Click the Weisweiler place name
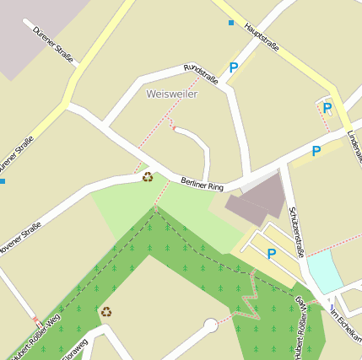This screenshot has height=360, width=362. tap(171, 94)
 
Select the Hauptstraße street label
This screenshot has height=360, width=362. tap(261, 37)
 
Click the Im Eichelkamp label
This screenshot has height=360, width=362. tap(346, 325)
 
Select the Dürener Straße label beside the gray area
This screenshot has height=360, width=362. tap(53, 45)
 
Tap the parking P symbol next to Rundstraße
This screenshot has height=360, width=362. tap(234, 67)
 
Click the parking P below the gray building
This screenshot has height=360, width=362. tap(272, 253)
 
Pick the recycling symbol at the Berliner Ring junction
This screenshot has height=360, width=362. tap(148, 177)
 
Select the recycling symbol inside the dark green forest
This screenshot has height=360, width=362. tap(106, 312)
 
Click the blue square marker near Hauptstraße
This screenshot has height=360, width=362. tap(231, 23)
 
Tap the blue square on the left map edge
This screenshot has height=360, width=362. tap(3, 180)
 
